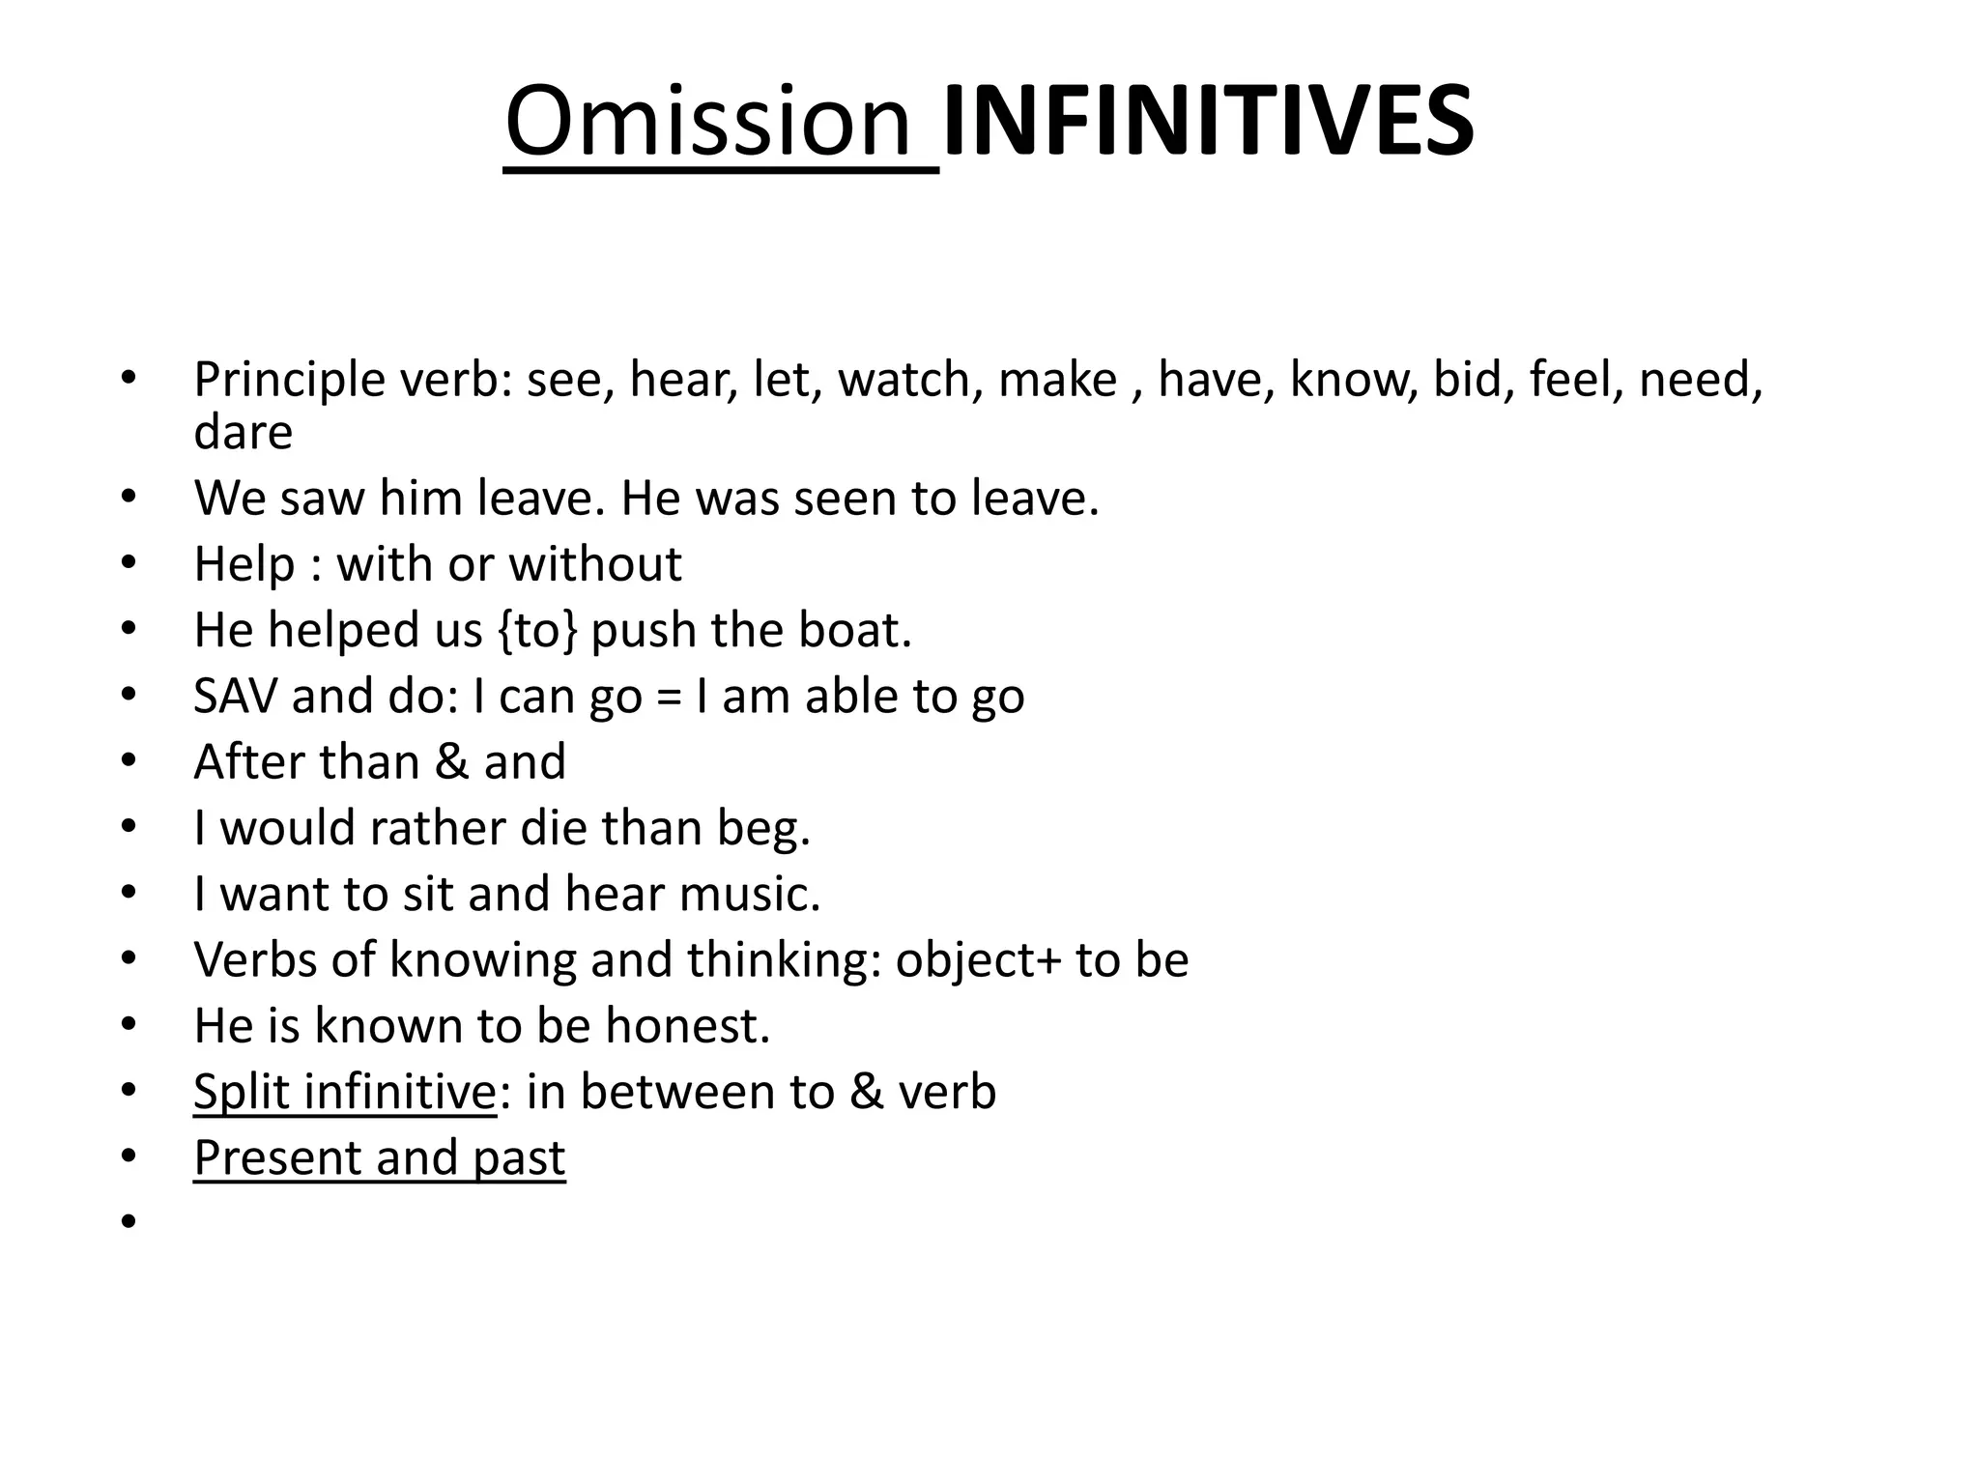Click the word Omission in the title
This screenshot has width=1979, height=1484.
[707, 123]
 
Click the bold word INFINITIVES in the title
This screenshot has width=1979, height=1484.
[1208, 123]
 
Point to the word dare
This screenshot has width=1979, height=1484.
[243, 432]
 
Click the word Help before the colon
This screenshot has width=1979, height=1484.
[244, 564]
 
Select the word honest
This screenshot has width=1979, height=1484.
[687, 1026]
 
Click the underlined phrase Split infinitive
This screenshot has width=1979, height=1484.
[345, 1093]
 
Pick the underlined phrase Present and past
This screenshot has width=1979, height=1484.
[379, 1158]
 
